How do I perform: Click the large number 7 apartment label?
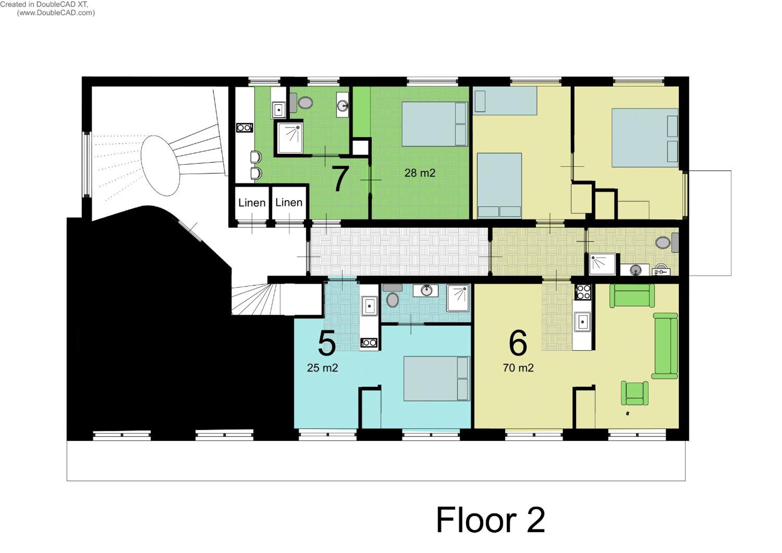[x=340, y=179]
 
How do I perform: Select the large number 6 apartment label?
[x=518, y=343]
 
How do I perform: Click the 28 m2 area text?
[x=420, y=173]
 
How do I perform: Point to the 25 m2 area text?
[x=322, y=368]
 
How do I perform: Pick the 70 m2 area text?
[x=518, y=368]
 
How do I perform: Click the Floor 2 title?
[x=491, y=520]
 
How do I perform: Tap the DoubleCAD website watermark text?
[x=56, y=13]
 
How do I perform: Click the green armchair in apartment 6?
[x=634, y=393]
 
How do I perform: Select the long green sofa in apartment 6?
[x=665, y=346]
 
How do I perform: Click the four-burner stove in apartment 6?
[x=583, y=292]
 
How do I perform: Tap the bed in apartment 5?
[x=436, y=379]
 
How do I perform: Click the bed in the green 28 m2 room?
[x=434, y=124]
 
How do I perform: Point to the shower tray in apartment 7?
[x=290, y=138]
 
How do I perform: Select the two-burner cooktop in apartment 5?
[x=369, y=343]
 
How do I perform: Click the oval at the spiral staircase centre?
[x=160, y=165]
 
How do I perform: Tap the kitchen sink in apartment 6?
[x=582, y=321]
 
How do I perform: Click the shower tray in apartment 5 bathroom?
[x=458, y=298]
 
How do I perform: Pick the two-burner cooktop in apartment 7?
[x=245, y=128]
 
